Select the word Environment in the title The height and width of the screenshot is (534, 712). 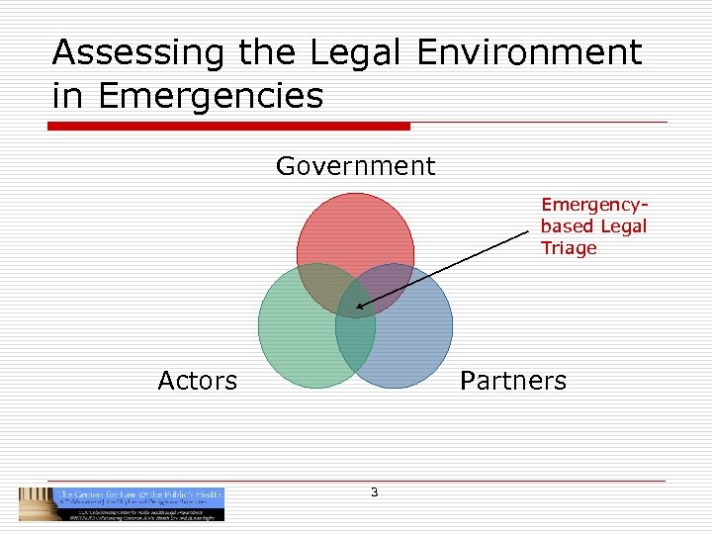point(529,53)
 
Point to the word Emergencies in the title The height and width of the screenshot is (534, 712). point(212,96)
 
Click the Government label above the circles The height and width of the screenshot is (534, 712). point(355,166)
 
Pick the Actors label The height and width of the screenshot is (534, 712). point(198,381)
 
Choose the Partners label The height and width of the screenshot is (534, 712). point(513,381)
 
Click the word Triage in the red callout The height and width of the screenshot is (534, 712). point(569,248)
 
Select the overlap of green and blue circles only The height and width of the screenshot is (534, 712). point(355,341)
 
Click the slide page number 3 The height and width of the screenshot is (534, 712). point(374,492)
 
